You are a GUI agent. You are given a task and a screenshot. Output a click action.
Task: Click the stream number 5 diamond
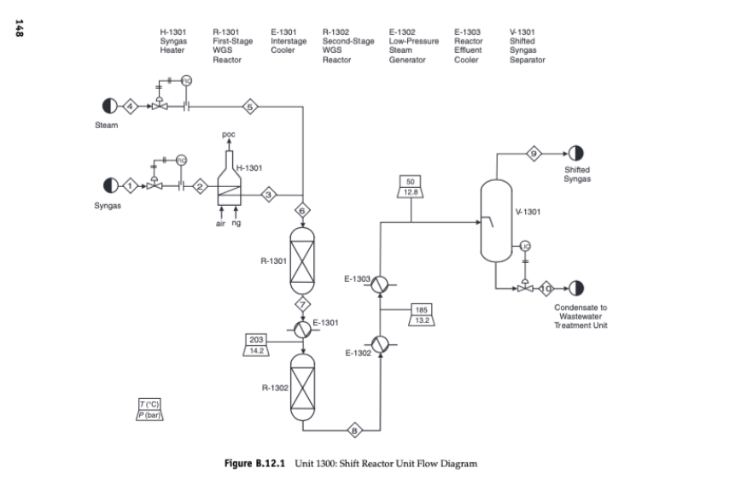(250, 107)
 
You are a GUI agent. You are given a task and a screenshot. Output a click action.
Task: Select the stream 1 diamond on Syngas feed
(130, 185)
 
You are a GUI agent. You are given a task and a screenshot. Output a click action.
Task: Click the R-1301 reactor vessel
(303, 260)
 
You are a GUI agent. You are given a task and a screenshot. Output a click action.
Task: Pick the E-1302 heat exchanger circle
(381, 343)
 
